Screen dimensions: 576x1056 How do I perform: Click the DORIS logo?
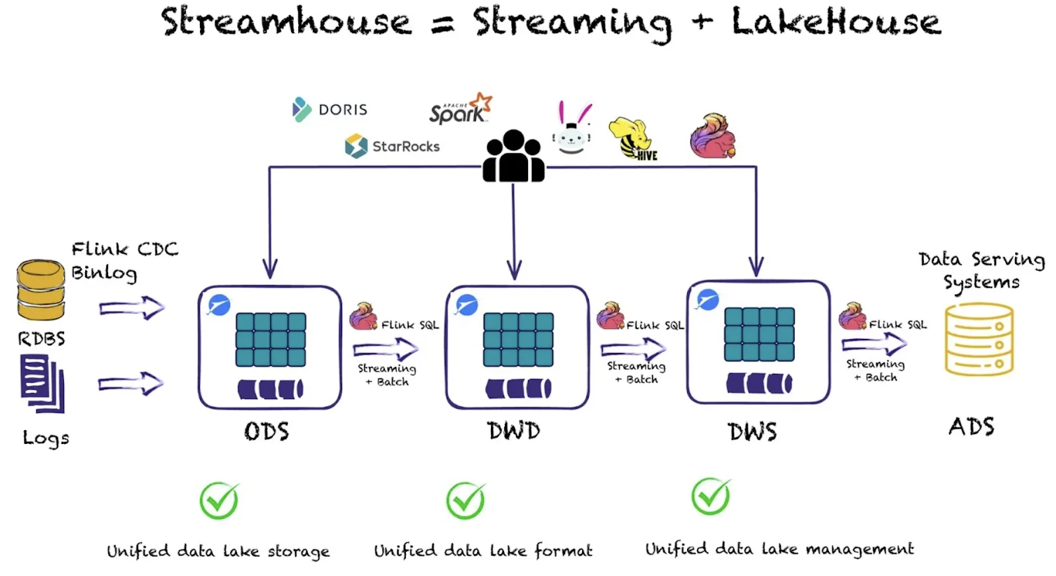[329, 109]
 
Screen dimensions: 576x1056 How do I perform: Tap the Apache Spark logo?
[460, 110]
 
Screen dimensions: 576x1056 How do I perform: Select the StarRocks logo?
[392, 146]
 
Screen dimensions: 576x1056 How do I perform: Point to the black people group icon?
[513, 157]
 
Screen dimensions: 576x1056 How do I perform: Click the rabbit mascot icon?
[572, 129]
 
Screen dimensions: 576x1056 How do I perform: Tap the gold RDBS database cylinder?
[40, 290]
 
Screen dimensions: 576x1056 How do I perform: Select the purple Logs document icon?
[42, 382]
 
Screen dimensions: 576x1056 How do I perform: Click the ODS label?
[267, 431]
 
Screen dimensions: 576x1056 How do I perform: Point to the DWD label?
[513, 431]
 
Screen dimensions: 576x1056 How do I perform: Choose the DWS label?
[752, 432]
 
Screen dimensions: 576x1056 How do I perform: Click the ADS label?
[971, 427]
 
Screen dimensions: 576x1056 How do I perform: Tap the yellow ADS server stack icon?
[979, 339]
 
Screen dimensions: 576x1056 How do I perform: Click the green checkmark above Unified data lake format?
[466, 500]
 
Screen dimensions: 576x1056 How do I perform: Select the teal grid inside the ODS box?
[271, 340]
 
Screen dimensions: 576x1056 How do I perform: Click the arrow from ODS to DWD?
[385, 348]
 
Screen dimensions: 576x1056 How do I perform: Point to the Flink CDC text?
[125, 249]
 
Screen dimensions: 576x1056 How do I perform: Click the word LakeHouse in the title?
[836, 22]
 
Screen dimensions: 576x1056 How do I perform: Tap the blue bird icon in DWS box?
[708, 299]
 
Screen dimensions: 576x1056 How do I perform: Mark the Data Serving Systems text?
[981, 270]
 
